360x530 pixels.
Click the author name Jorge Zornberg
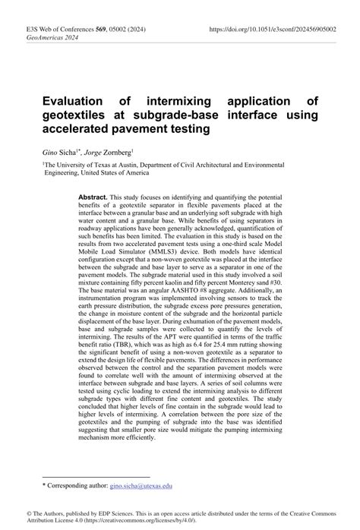pyautogui.click(x=112, y=150)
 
